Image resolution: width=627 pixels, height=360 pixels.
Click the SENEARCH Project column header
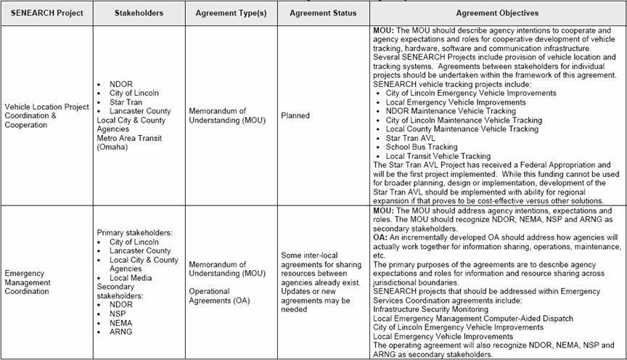[x=46, y=13]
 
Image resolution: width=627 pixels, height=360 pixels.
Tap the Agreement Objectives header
[x=497, y=13]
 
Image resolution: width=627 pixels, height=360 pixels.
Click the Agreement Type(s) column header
[x=231, y=13]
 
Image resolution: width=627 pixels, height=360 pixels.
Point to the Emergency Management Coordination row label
[x=27, y=282]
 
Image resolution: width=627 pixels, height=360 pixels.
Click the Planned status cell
[x=295, y=115]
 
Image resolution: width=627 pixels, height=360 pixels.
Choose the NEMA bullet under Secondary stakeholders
[x=121, y=322]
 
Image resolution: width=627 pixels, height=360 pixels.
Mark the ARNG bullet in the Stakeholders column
[x=121, y=331]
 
